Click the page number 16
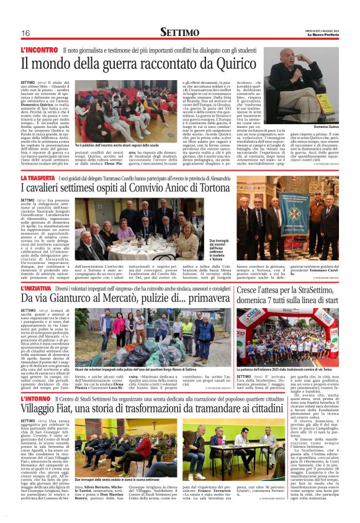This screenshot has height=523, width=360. (x=26, y=33)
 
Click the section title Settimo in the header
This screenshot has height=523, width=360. (x=180, y=32)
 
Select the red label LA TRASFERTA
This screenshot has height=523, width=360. (x=42, y=179)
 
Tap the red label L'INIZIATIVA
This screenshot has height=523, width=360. (x=41, y=289)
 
